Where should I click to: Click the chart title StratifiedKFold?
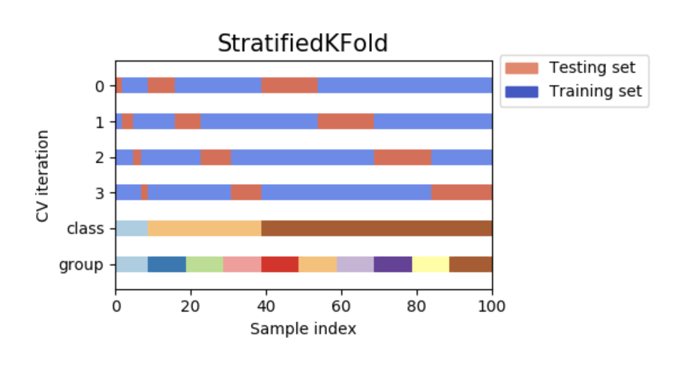[303, 44]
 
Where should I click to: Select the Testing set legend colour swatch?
[521, 68]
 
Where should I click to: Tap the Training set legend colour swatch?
[521, 92]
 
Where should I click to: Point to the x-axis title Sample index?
[303, 329]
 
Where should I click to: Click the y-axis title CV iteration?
[43, 176]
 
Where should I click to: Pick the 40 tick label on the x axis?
[266, 306]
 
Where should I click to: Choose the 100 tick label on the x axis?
[492, 306]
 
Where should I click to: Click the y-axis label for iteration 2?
[100, 157]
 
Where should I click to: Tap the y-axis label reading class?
[85, 228]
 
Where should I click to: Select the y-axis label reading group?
[81, 265]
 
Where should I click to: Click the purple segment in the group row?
[393, 264]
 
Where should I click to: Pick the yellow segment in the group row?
[430, 264]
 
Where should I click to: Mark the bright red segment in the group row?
[280, 264]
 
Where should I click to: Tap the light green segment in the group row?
[205, 264]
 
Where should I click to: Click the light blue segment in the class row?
[132, 228]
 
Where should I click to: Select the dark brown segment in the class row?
[376, 228]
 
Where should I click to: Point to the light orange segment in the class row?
[205, 228]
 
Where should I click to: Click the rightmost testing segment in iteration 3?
[462, 192]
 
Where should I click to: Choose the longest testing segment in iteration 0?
[289, 86]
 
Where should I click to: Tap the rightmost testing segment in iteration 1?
[346, 122]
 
